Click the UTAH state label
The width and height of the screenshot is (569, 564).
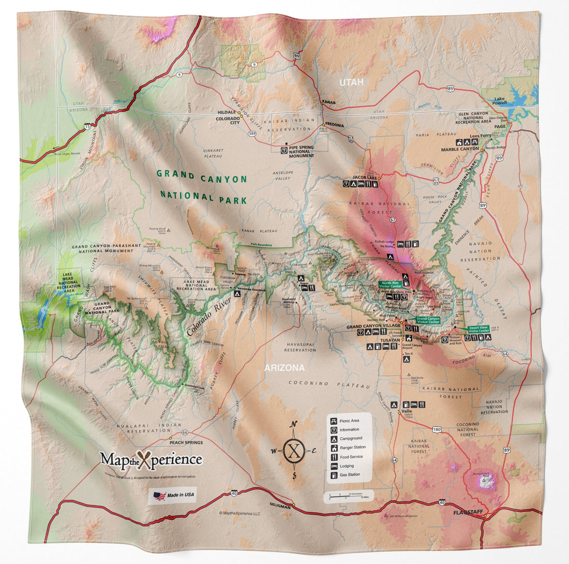[x=351, y=82]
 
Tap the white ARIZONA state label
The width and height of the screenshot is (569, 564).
[x=284, y=368]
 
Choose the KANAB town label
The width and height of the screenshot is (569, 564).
[x=329, y=102]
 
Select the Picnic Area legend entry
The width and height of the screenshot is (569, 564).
[x=348, y=421]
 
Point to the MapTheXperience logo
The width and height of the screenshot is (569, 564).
[x=151, y=459]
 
